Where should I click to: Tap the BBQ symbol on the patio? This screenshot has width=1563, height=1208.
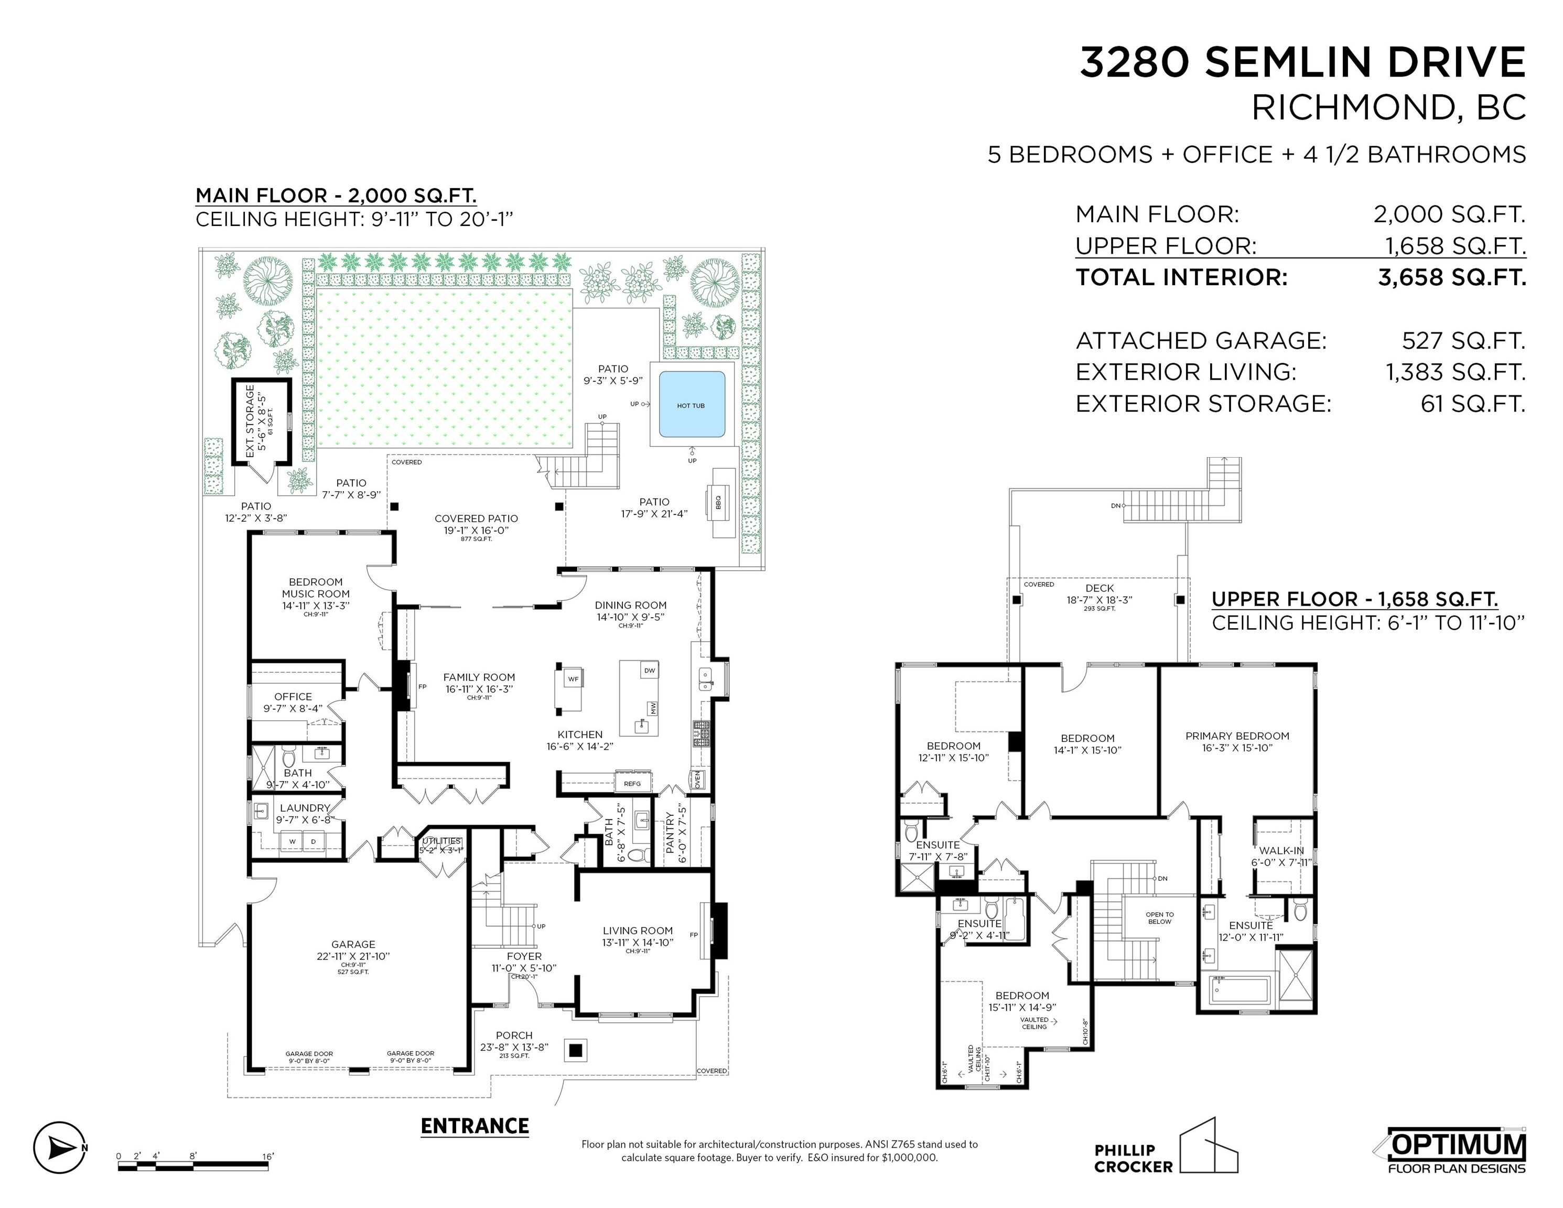718,502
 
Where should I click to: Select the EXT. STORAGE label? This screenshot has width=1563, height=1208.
250,422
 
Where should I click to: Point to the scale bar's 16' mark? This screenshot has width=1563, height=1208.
267,1156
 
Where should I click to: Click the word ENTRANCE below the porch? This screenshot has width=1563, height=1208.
475,1126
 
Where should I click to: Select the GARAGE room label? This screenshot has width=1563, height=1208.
353,944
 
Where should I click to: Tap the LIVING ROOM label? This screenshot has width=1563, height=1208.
637,930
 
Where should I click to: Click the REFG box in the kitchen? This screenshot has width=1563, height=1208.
632,784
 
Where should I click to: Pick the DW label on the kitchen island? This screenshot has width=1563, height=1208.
649,671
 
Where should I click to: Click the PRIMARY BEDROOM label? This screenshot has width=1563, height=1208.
1237,736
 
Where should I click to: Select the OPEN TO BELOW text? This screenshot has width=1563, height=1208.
1159,918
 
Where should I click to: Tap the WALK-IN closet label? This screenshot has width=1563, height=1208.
1281,850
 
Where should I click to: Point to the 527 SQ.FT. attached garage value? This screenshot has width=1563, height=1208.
1463,341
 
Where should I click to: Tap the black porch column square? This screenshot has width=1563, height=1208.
575,1051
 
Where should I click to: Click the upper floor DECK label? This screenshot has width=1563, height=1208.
1100,588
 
